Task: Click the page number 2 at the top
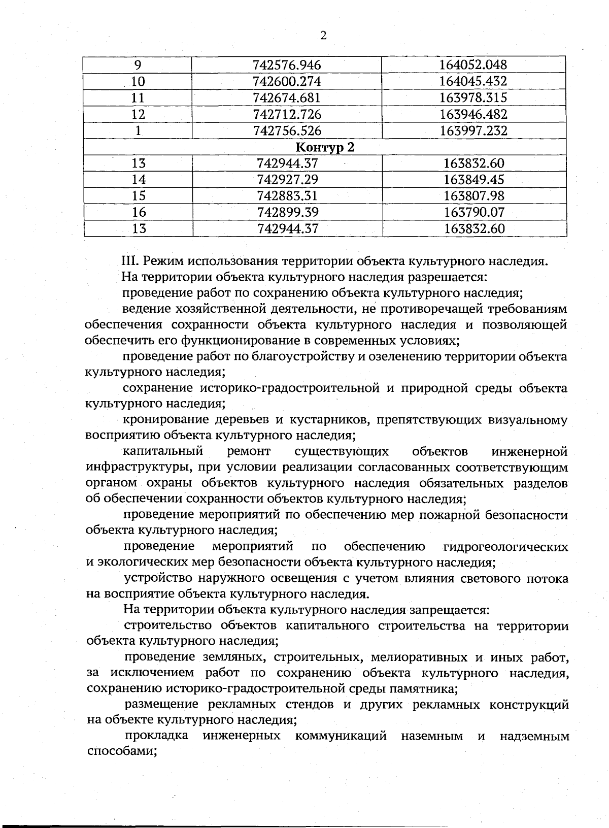[323, 36]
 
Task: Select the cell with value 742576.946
[287, 65]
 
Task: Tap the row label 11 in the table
[138, 98]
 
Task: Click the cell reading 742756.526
[287, 131]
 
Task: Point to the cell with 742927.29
[288, 179]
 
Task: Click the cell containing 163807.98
[474, 195]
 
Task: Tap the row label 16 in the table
[139, 212]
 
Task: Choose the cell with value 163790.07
[474, 212]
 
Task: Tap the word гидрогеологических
[505, 547]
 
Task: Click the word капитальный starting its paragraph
[163, 451]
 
